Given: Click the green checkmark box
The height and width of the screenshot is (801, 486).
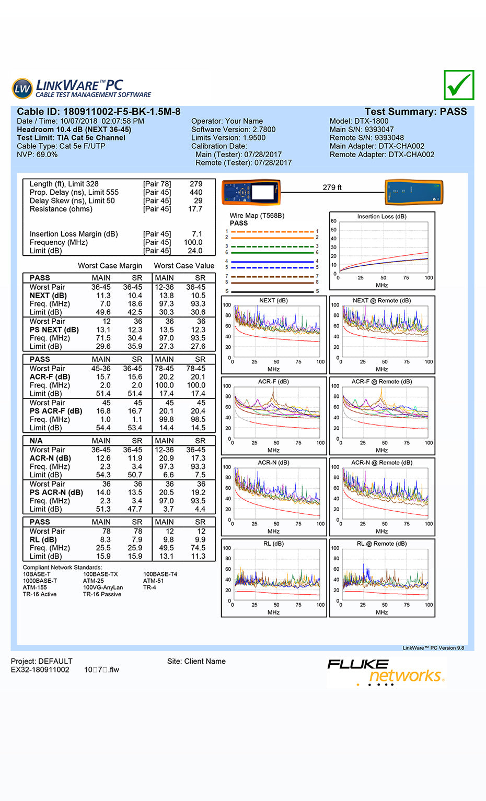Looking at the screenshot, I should pyautogui.click(x=459, y=85).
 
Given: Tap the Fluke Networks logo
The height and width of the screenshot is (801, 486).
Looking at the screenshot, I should pyautogui.click(x=386, y=672).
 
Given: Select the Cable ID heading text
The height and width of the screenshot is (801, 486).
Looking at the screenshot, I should pyautogui.click(x=98, y=112).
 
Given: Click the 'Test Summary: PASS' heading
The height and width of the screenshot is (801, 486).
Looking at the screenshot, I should pyautogui.click(x=415, y=112).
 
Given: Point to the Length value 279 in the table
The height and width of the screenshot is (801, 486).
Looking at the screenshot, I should pyautogui.click(x=196, y=184).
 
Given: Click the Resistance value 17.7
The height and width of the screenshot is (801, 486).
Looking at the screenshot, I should pyautogui.click(x=195, y=209).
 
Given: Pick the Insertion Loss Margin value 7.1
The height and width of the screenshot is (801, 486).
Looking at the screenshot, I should pyautogui.click(x=196, y=234).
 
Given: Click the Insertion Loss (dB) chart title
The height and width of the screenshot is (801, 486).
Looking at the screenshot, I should pyautogui.click(x=381, y=217).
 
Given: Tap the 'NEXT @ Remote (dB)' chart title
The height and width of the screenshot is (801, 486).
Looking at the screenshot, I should pyautogui.click(x=381, y=301).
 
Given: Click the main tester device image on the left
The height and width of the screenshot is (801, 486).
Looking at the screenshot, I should pyautogui.click(x=251, y=193).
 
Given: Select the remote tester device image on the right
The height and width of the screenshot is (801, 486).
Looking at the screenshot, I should pyautogui.click(x=414, y=193).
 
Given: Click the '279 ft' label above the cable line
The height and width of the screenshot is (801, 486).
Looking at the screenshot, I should pyautogui.click(x=332, y=187).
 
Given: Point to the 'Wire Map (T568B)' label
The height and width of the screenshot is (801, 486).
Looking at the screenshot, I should pyautogui.click(x=257, y=216).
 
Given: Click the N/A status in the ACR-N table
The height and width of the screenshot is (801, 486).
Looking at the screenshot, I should pyautogui.click(x=36, y=441).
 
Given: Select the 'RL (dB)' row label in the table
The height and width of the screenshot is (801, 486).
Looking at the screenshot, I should pyautogui.click(x=43, y=539).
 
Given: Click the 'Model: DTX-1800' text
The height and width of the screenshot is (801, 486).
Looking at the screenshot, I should pyautogui.click(x=359, y=121).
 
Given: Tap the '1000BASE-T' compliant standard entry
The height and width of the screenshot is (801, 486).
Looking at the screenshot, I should pyautogui.click(x=40, y=581).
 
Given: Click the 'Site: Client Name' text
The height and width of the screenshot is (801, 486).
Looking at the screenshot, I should pyautogui.click(x=196, y=661).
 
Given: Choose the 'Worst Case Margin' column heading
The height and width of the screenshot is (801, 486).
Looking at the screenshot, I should pyautogui.click(x=110, y=266).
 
